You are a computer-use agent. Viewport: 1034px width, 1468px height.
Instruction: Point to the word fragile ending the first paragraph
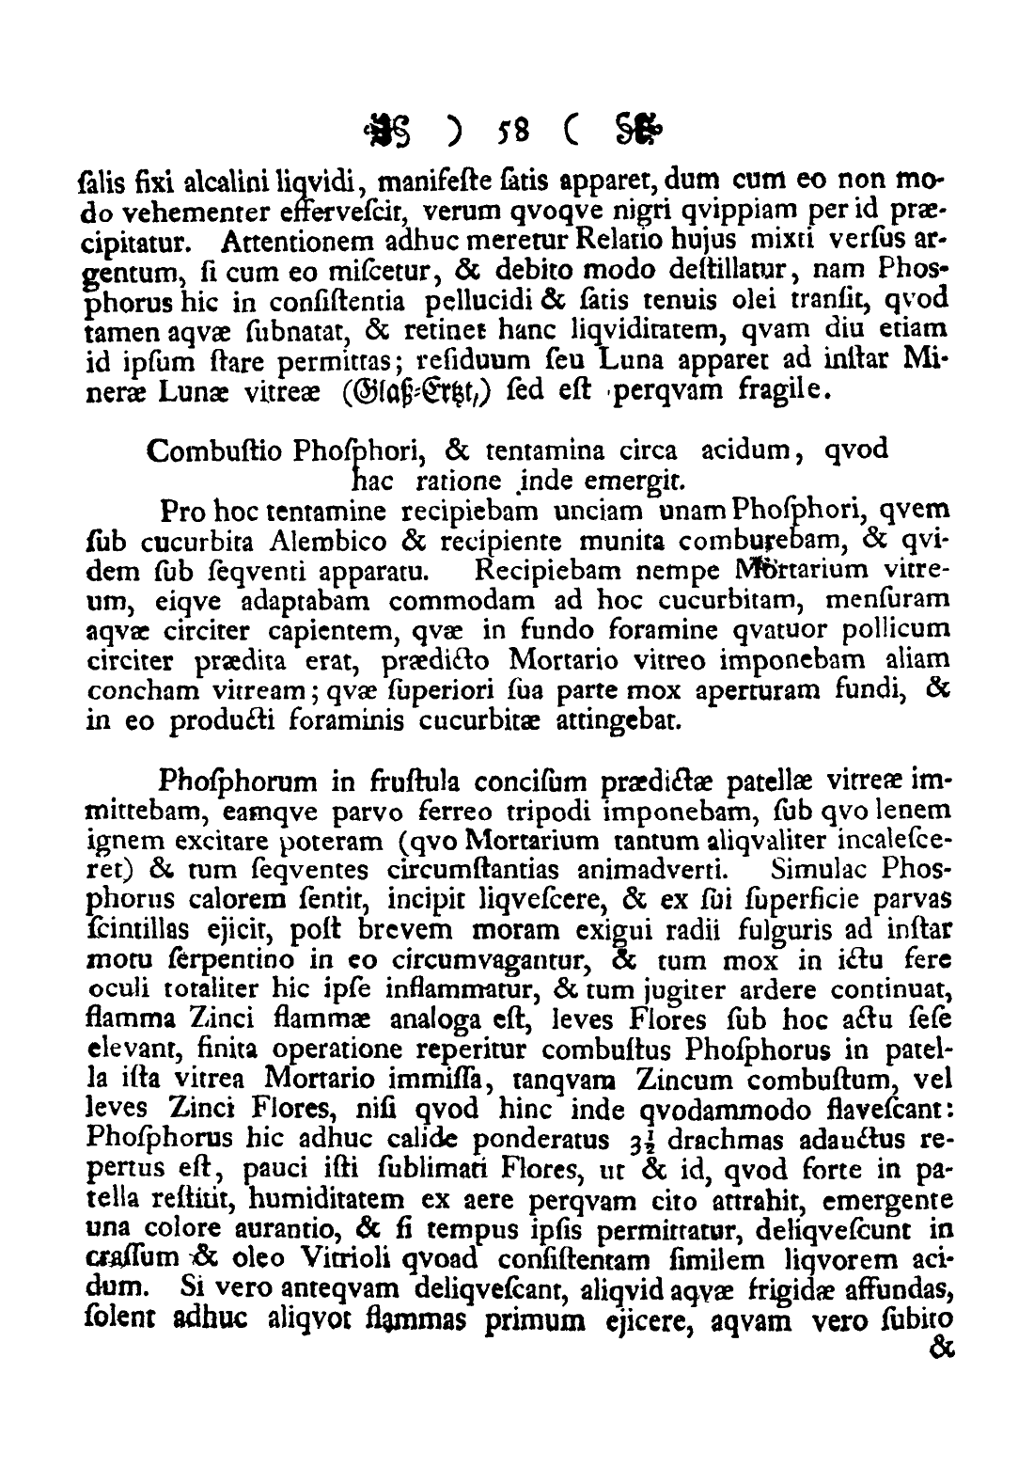(785, 390)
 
